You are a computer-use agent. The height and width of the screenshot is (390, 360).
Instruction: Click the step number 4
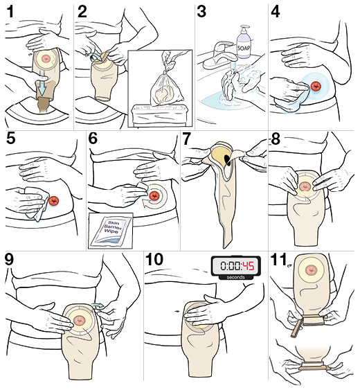[x=276, y=12]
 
